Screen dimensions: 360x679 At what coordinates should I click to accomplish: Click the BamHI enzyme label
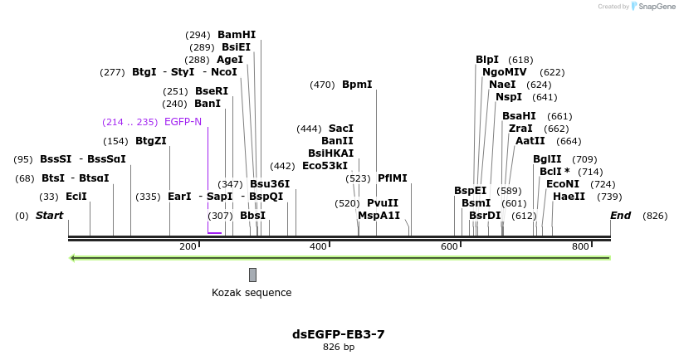point(237,35)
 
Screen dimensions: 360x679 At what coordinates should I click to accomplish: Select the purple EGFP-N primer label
point(183,122)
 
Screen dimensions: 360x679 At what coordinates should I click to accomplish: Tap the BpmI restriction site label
point(357,85)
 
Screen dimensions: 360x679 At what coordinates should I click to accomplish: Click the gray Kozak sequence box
point(252,275)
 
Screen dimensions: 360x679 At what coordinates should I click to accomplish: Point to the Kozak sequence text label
point(252,293)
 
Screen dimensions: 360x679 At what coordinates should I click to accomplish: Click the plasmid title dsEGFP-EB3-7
point(339,334)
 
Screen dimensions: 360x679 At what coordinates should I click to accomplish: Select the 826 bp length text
point(339,348)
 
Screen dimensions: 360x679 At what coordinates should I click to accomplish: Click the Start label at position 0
point(49,216)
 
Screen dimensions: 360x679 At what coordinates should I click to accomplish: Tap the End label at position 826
point(620,216)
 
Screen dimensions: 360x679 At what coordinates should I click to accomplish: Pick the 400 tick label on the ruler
point(318,246)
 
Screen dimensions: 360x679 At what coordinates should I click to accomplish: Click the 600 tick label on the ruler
point(449,246)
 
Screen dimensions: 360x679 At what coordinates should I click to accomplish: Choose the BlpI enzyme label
point(487,60)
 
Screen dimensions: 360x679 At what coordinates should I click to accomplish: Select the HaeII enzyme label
point(569,197)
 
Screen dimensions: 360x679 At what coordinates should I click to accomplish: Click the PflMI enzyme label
point(393,178)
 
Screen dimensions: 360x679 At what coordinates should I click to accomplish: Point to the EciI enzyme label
point(76,197)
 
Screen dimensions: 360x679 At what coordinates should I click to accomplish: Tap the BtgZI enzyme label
point(151,141)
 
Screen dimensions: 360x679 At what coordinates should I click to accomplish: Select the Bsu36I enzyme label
point(270,184)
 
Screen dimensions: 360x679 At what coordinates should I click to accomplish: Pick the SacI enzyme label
point(341,129)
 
